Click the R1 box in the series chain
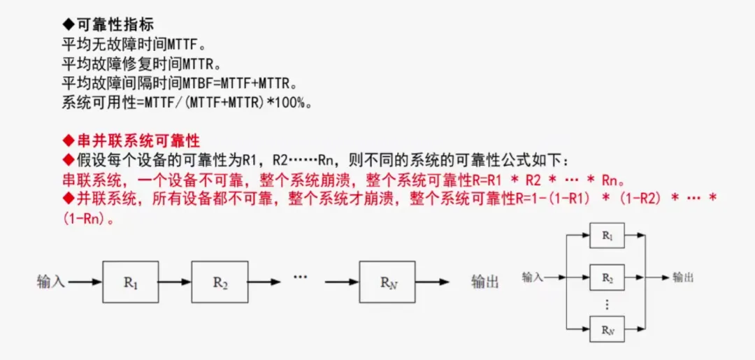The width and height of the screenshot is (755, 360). (x=131, y=282)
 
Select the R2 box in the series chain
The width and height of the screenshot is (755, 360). (x=220, y=282)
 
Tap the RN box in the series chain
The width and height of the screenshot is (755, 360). (x=387, y=282)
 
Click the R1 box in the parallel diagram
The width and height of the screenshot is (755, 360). (x=607, y=236)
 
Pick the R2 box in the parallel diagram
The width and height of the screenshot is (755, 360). (x=607, y=278)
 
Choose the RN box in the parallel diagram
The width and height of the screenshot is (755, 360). (x=607, y=329)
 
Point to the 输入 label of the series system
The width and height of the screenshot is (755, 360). (x=51, y=282)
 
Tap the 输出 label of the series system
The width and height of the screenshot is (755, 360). (x=485, y=282)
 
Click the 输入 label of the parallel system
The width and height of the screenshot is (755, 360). (x=532, y=278)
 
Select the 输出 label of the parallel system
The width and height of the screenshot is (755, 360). (x=683, y=278)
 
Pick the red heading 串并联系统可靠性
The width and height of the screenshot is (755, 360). (x=138, y=141)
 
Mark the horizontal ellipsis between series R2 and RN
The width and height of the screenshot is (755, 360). (x=300, y=278)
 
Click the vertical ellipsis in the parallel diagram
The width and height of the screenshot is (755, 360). (x=607, y=304)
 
